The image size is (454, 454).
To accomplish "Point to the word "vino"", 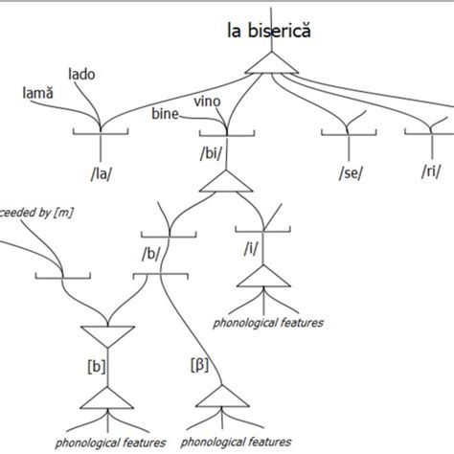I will (x=210, y=101).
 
